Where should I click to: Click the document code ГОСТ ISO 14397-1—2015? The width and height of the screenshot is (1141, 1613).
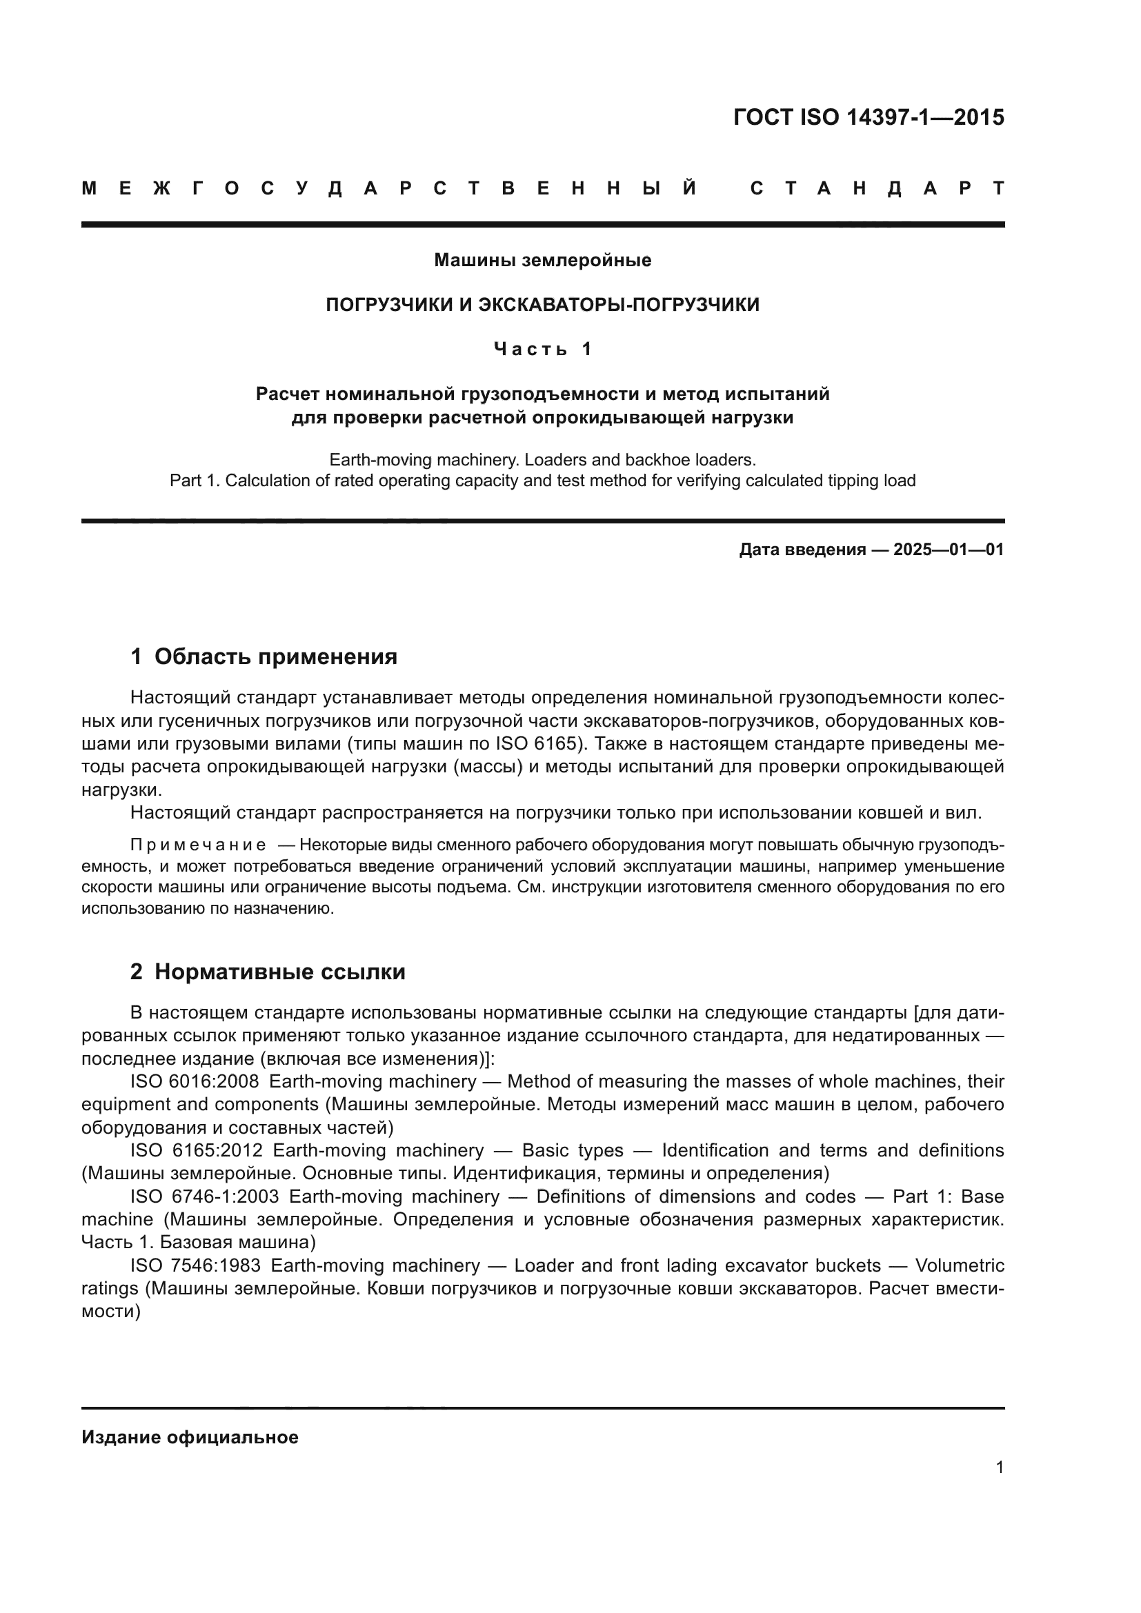click(869, 117)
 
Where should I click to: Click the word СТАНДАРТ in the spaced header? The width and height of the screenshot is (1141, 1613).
click(877, 188)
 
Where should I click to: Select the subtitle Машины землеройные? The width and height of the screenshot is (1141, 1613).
click(542, 261)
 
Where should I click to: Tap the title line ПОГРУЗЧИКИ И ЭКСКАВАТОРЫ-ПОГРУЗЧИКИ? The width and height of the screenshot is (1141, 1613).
click(542, 305)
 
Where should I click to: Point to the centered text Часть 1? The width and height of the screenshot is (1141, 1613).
click(542, 349)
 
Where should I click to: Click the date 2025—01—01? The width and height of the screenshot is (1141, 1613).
click(949, 550)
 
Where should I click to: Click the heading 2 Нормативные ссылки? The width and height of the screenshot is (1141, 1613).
click(268, 972)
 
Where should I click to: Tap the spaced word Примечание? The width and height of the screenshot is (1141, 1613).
click(198, 845)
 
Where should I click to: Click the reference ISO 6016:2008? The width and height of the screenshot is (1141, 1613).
click(195, 1081)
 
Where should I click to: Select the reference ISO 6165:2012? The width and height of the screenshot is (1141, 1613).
click(196, 1150)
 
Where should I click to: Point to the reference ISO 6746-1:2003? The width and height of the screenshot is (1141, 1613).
click(204, 1196)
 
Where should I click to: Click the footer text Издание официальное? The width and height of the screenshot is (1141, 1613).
click(190, 1437)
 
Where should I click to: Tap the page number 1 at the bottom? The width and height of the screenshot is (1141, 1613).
click(999, 1467)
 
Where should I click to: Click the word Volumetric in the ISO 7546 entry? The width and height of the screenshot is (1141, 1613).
click(960, 1265)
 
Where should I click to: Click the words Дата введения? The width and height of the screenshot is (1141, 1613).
click(802, 550)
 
